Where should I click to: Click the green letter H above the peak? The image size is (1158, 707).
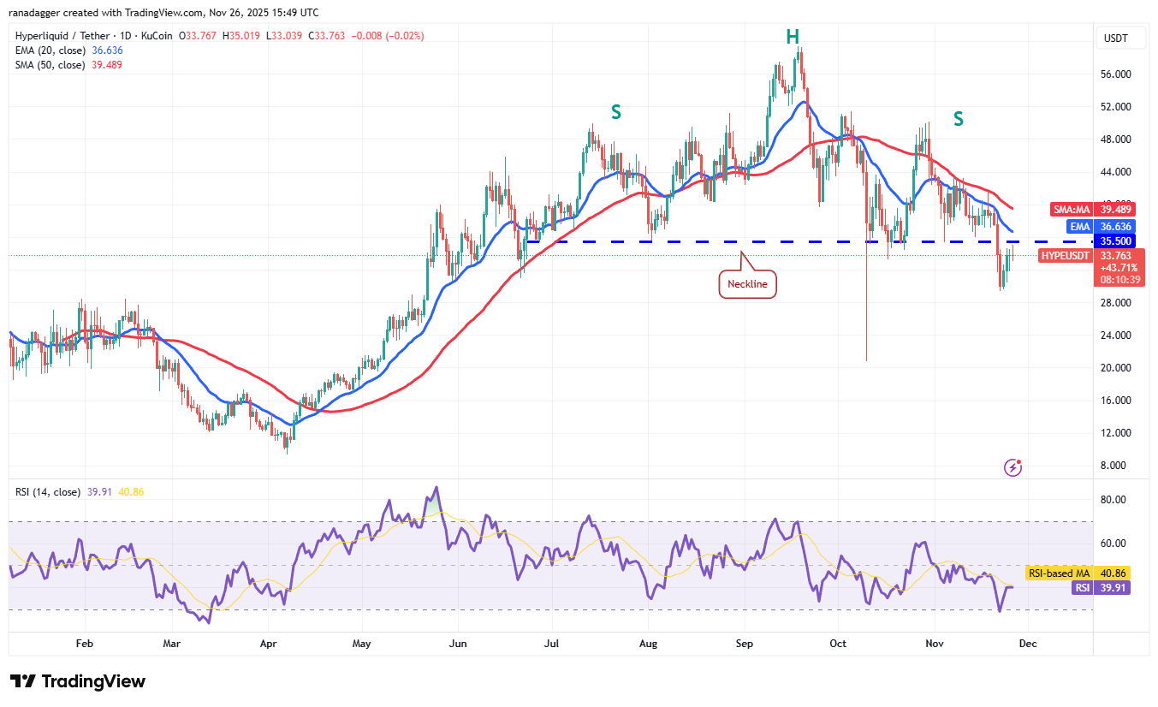tap(793, 36)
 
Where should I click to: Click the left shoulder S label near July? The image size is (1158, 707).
tap(615, 111)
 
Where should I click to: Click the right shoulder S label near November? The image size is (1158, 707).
tap(959, 119)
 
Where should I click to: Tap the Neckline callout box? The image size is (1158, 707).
tap(747, 283)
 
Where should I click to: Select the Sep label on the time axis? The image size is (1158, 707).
tap(744, 643)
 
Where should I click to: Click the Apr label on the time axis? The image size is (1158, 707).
tap(268, 643)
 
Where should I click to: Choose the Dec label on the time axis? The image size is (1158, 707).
tap(1028, 643)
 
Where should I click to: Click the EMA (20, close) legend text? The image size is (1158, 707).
tap(50, 50)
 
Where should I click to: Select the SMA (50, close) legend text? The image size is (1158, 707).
tap(50, 65)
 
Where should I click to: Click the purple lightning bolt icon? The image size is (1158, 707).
tap(1013, 467)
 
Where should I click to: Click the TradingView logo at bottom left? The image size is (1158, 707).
tap(78, 681)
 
